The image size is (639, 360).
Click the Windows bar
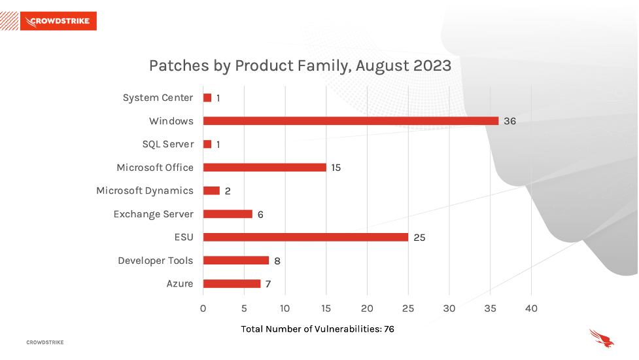(351, 121)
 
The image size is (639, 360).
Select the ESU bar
(305, 238)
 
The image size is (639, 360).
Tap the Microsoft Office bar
(265, 168)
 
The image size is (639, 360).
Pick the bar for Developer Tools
(236, 261)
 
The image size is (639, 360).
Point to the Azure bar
(232, 284)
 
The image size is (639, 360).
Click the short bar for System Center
(207, 98)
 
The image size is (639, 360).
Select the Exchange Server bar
(228, 214)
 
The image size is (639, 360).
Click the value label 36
(509, 121)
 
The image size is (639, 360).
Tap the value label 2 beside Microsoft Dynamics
(228, 191)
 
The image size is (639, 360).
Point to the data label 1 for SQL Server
(218, 144)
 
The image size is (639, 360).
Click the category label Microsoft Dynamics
(145, 191)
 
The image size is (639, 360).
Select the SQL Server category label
(168, 144)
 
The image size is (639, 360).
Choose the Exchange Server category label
(153, 214)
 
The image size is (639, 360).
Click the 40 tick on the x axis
(531, 309)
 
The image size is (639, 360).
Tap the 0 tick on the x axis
(203, 309)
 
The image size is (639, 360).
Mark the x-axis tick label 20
(367, 309)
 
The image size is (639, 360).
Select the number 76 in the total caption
(389, 329)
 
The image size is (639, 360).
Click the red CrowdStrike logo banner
(58, 21)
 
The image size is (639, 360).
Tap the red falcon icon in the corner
(602, 338)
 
